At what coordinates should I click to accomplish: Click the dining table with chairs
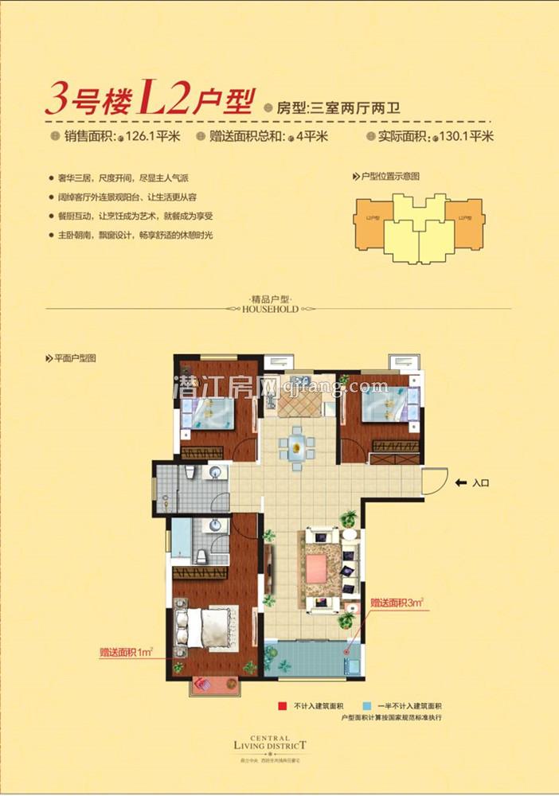297,443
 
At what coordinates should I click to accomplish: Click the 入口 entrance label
479,483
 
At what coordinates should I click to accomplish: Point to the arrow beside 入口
460,483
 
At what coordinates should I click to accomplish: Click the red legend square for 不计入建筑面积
281,706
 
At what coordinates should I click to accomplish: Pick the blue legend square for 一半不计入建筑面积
365,706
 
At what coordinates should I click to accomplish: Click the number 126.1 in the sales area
140,136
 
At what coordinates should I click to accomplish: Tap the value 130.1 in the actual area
454,136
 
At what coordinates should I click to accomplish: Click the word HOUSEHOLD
271,308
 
